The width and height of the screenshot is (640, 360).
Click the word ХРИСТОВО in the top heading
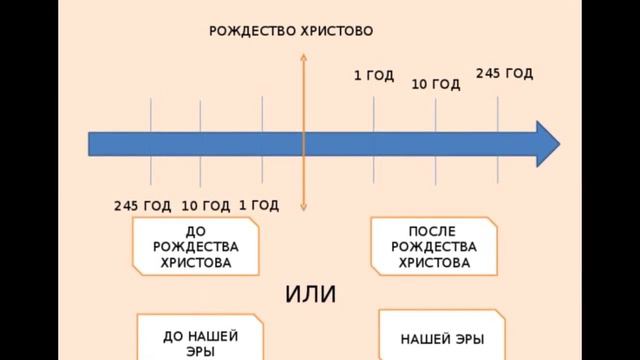[x=336, y=31]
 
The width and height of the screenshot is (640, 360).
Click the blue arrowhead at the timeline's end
[x=546, y=143]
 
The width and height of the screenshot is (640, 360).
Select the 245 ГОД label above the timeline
[x=504, y=73]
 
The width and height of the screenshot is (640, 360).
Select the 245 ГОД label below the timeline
[x=143, y=206]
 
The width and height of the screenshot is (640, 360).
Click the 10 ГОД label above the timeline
[x=436, y=85]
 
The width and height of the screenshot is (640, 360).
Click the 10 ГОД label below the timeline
[x=205, y=206]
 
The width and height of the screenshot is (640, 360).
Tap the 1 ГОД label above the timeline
[x=374, y=75]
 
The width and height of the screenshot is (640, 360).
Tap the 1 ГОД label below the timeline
[x=259, y=205]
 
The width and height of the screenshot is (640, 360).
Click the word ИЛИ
[x=311, y=295]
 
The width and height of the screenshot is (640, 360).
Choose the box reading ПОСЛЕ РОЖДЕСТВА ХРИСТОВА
[x=434, y=246]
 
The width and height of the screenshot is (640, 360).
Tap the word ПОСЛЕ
[x=433, y=231]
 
